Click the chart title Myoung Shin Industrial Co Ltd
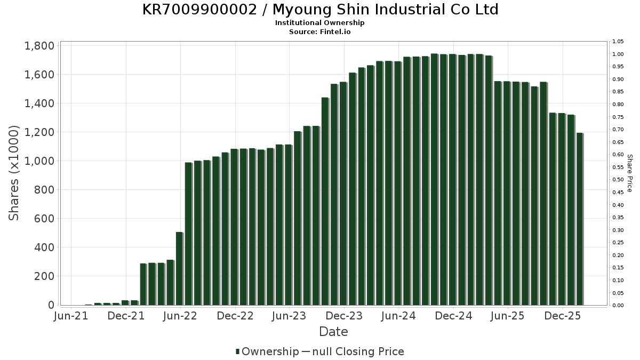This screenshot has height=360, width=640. [x=320, y=10]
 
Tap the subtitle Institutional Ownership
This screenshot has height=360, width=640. [x=320, y=23]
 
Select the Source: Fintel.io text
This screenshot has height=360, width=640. [x=320, y=31]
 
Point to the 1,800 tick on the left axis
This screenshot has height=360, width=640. [x=39, y=46]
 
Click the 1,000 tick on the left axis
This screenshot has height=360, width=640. [x=39, y=161]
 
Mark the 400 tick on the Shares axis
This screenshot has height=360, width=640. [x=44, y=247]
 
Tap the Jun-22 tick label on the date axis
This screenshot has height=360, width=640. [x=180, y=316]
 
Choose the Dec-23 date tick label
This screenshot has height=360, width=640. [x=344, y=316]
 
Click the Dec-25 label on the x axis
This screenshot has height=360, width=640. [x=563, y=316]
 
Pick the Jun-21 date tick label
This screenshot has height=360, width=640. [x=71, y=316]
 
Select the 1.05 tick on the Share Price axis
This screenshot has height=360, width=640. [x=619, y=42]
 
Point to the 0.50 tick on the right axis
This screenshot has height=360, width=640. [x=619, y=180]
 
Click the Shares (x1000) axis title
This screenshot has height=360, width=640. [x=14, y=173]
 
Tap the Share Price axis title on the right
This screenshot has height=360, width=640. [x=630, y=173]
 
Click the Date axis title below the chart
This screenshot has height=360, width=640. [x=333, y=332]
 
